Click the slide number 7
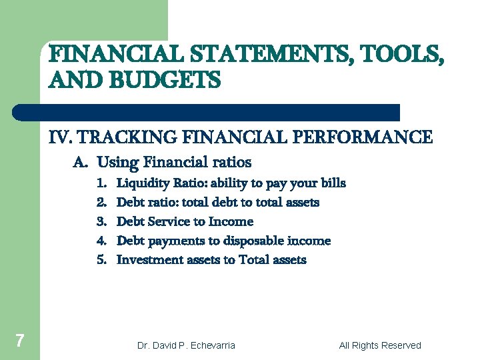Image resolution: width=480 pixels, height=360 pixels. (20, 341)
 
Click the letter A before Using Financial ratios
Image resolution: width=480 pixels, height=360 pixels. (79, 162)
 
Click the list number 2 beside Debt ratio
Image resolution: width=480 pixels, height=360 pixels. (101, 202)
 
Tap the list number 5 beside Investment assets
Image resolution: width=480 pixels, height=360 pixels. (101, 260)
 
